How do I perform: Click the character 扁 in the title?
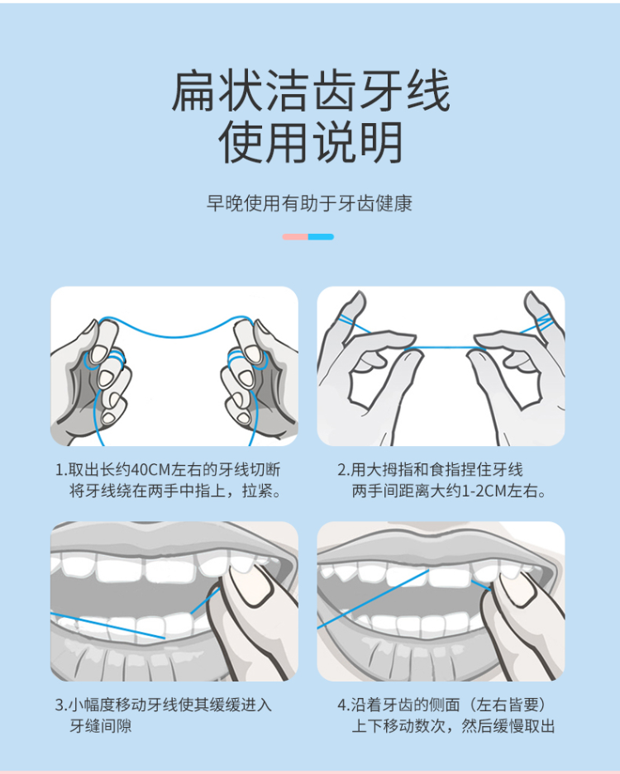pos(193,92)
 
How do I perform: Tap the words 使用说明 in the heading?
pos(310,143)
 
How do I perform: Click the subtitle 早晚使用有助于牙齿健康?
pos(309,203)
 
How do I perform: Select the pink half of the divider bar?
pos(295,237)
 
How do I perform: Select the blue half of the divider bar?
pos(321,237)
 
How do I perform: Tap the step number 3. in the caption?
pos(60,705)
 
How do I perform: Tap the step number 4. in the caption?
pos(343,705)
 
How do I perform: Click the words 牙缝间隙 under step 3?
pos(101,726)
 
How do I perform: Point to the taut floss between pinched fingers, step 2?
pos(444,348)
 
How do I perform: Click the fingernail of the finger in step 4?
pos(515,588)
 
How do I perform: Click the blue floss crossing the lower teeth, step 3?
pos(107,625)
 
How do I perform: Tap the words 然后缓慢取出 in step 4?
pos(508,726)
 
